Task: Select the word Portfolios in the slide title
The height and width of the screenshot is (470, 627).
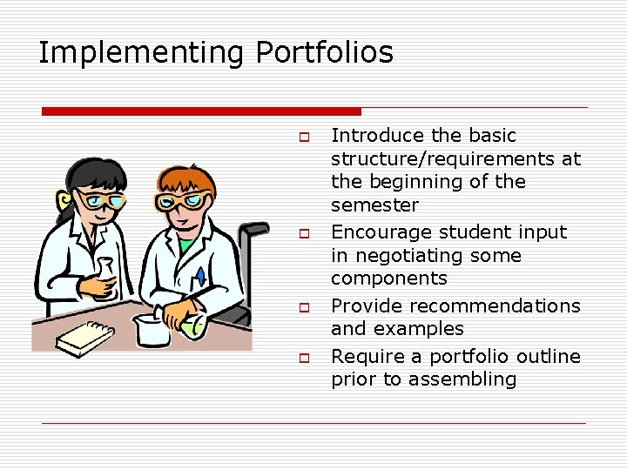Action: click(x=324, y=53)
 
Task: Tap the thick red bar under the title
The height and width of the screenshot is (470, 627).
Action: click(x=201, y=111)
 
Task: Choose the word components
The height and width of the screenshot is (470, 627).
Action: click(x=388, y=279)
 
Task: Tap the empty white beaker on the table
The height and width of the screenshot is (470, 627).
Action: click(x=152, y=331)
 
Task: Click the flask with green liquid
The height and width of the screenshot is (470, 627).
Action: click(x=192, y=326)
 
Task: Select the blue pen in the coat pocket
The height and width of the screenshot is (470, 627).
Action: click(x=200, y=277)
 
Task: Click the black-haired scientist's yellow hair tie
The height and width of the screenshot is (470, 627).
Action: click(x=63, y=202)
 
